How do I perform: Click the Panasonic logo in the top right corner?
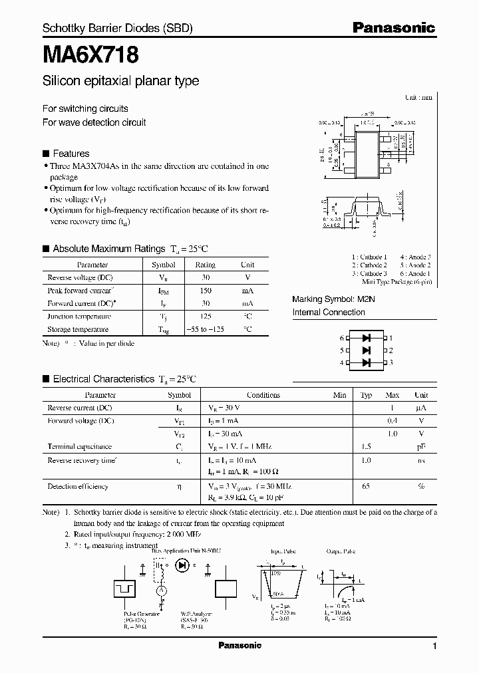point(393,28)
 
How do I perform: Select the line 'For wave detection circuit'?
point(94,122)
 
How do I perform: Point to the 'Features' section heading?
point(71,153)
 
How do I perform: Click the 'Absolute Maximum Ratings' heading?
point(108,249)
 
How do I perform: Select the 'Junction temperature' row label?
point(79,317)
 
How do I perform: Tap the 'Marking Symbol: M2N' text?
point(334,299)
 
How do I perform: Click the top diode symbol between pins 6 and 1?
point(366,338)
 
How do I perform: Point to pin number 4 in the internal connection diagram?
point(341,362)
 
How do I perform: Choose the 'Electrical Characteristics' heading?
point(103,379)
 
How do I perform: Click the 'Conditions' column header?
point(263,394)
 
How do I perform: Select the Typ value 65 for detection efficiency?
point(366,486)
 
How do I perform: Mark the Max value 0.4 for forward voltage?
point(393,421)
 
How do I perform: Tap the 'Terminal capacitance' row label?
point(80,446)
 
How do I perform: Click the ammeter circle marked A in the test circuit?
point(160,590)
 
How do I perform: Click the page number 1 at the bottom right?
point(434,646)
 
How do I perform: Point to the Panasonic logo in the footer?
point(239,646)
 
